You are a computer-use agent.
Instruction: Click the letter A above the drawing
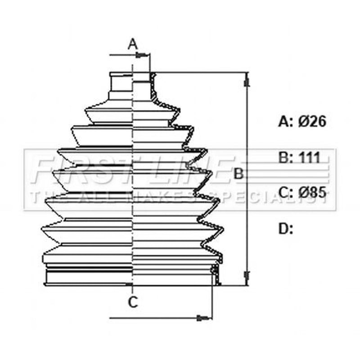[133, 44]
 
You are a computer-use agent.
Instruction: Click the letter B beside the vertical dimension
[238, 173]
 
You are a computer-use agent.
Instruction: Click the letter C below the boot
[133, 302]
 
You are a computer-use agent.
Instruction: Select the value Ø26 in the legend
[312, 121]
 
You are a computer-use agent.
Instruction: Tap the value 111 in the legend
[309, 157]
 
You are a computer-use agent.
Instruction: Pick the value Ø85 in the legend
[312, 192]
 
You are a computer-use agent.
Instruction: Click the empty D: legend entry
[285, 229]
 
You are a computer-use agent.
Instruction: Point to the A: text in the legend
[286, 121]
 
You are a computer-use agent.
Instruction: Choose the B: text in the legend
[286, 157]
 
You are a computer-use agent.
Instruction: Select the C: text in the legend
[286, 192]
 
